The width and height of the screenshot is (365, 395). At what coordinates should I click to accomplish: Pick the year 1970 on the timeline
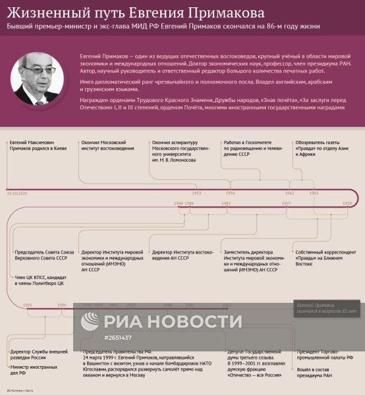347,204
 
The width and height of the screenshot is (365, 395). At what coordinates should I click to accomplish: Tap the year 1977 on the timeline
287,204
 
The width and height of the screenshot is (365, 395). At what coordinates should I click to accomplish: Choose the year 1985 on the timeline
226,204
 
